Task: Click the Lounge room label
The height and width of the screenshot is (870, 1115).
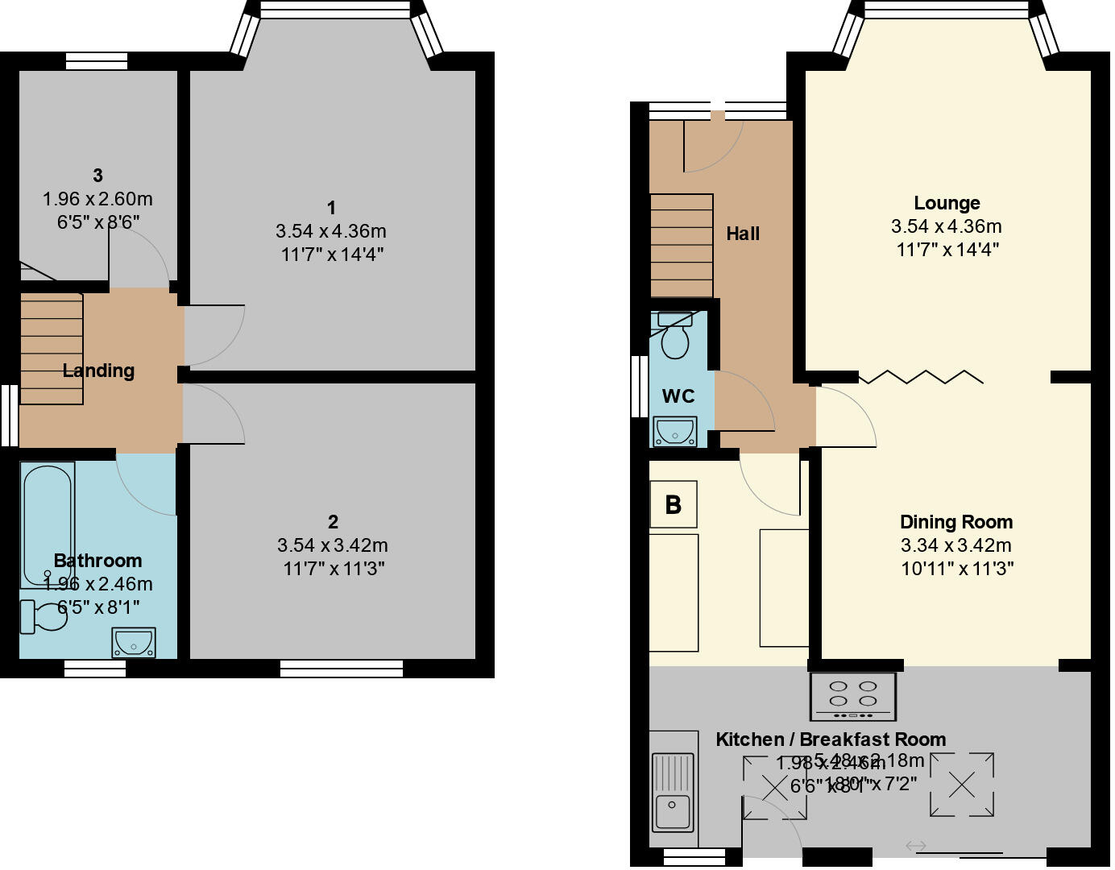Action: point(947,203)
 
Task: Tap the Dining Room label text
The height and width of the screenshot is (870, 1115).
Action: point(956,522)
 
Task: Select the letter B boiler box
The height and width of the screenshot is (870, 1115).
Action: point(674,505)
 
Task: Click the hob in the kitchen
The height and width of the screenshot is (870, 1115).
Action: point(853,697)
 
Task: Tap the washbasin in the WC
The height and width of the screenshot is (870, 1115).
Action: point(675,432)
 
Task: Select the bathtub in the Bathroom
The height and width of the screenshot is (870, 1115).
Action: point(48,524)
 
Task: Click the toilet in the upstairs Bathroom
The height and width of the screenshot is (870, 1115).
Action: point(44,617)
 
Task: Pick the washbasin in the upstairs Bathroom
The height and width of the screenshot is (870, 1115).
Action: point(134,643)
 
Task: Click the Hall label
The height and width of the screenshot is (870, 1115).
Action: point(743,234)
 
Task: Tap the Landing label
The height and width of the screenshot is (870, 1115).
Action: point(98,371)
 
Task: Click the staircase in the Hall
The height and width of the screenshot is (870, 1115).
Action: point(682,246)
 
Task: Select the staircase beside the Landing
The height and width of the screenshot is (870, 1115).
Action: point(52,349)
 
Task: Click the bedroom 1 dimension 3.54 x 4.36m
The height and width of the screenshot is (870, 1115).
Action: point(331,232)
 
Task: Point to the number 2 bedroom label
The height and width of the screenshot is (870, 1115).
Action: point(333,522)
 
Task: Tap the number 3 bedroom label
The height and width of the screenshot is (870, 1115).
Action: point(97,176)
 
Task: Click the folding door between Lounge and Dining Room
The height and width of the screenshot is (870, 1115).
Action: point(921,377)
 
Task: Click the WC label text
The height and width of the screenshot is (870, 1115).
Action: point(678,396)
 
